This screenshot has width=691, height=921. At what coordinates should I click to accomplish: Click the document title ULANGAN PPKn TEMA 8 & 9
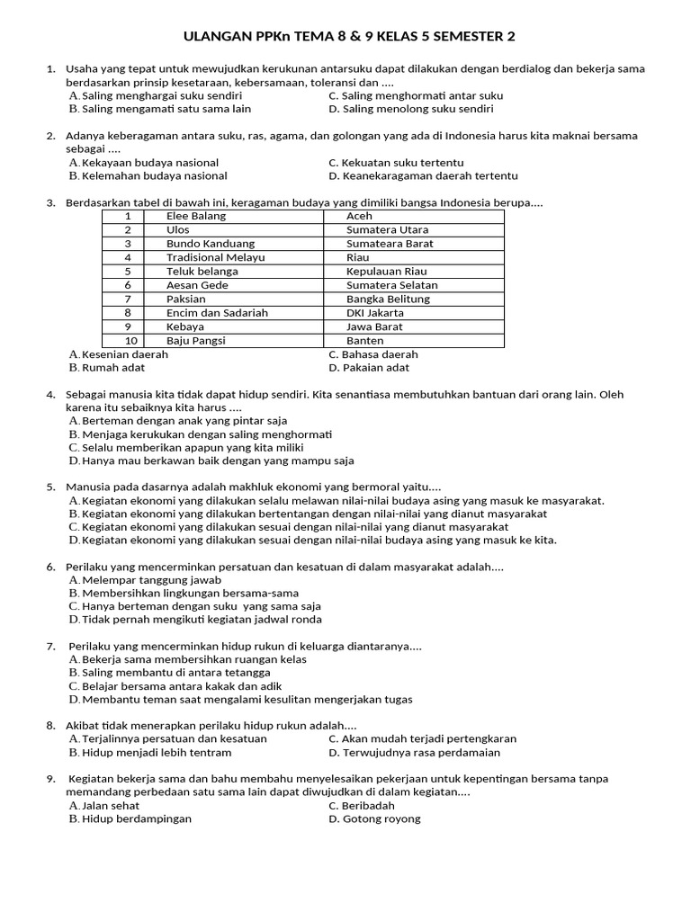point(350,37)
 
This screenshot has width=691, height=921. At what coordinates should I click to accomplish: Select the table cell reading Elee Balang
point(196,216)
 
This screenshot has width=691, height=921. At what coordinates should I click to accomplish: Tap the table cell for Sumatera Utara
point(388,230)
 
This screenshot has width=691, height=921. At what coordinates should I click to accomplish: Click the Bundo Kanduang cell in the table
point(211,244)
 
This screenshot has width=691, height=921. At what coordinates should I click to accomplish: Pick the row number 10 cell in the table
point(128,341)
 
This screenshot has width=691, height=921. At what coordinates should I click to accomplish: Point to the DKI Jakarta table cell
point(375,313)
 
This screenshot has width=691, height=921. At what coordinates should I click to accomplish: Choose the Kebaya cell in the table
point(186,326)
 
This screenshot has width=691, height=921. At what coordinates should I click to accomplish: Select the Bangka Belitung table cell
point(388,299)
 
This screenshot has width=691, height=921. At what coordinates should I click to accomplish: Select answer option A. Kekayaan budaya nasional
point(144,163)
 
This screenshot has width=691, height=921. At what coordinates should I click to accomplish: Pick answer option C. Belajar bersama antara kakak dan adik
point(175,685)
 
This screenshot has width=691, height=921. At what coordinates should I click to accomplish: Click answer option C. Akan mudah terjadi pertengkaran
point(422,738)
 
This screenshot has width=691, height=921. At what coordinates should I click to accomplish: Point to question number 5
point(51,487)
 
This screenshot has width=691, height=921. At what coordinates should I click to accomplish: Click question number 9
point(51,778)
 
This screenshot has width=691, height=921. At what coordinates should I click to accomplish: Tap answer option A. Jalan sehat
point(104,805)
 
